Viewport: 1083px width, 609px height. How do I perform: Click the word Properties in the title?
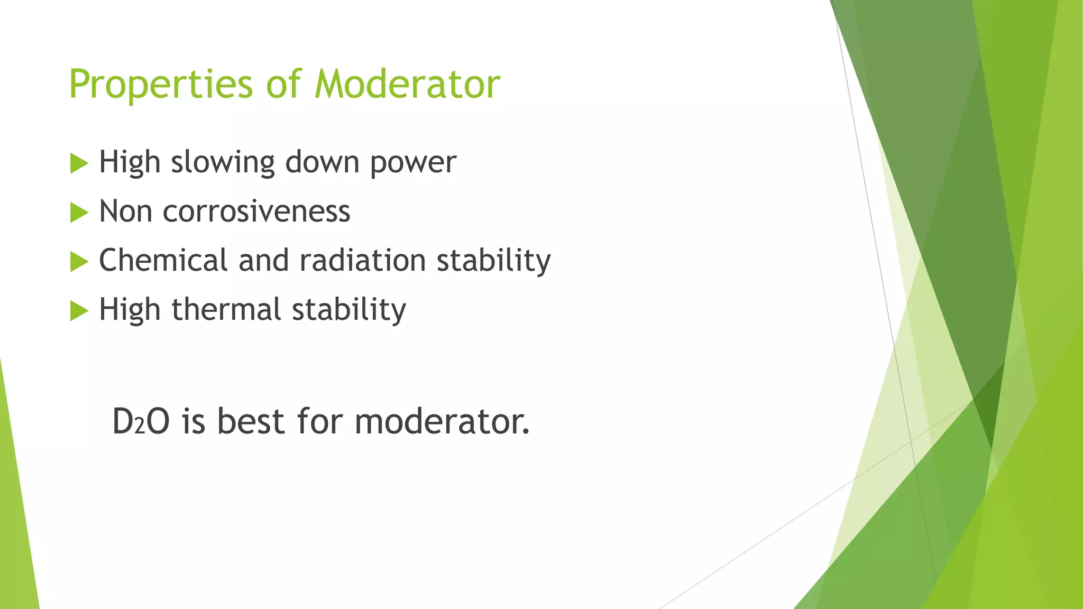tap(161, 85)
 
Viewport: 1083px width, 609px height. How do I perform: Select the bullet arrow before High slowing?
tap(79, 163)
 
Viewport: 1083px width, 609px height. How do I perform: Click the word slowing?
tap(223, 162)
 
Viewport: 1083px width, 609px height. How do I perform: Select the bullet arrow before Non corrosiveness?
tap(79, 213)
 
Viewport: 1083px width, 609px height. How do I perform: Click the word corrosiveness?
tap(256, 211)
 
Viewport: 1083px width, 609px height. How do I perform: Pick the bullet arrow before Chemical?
tap(79, 262)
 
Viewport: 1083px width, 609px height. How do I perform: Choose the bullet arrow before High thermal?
tap(79, 311)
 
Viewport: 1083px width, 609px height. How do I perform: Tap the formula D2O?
tap(141, 422)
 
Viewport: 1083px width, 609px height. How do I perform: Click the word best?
tap(251, 422)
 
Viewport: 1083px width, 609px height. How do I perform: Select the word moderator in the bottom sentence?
tap(441, 422)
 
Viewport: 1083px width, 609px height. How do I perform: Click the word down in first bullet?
tap(322, 162)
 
